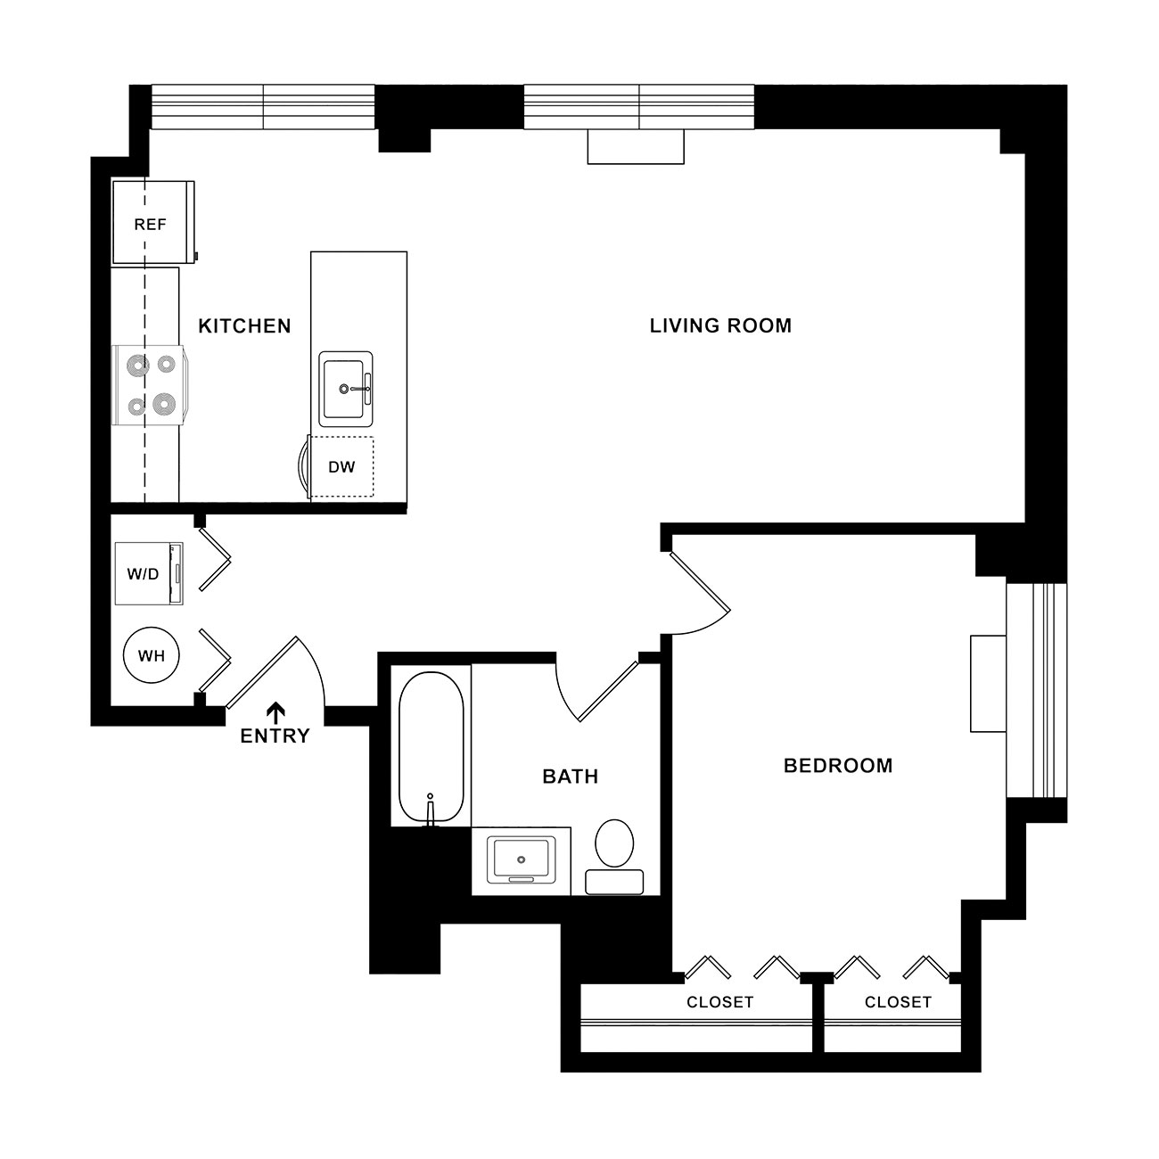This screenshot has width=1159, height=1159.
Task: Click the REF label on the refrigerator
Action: (x=150, y=225)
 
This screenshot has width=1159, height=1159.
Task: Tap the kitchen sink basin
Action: (x=345, y=389)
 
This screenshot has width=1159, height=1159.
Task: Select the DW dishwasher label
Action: (x=341, y=467)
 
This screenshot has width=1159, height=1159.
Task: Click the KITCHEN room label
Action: (x=244, y=326)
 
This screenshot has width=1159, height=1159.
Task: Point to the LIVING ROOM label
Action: (x=720, y=326)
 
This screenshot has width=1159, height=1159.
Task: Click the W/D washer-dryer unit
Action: (x=149, y=574)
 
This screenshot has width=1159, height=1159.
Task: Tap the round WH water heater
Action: (x=152, y=655)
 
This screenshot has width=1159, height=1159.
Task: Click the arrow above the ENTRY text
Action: (x=276, y=712)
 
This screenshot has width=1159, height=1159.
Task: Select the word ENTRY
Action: (x=275, y=736)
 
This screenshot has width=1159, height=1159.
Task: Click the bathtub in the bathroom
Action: (x=431, y=746)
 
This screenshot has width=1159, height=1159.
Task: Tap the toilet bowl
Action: (x=614, y=842)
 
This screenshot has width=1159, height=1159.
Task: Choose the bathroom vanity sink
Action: (x=521, y=859)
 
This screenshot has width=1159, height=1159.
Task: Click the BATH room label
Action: (x=571, y=777)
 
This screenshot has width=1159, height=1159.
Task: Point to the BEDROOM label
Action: (x=838, y=766)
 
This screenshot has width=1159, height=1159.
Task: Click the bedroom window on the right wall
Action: (x=1036, y=690)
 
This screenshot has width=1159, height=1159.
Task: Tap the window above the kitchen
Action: (x=263, y=107)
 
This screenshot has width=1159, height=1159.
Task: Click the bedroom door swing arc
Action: (x=707, y=626)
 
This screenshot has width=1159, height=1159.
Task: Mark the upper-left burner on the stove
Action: (x=138, y=364)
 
